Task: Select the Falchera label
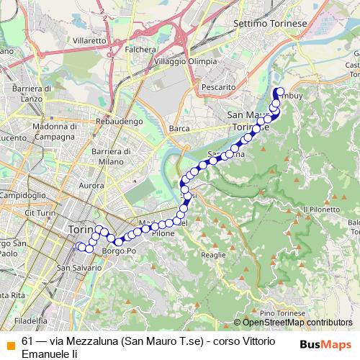[140, 49]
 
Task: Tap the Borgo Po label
[119, 251]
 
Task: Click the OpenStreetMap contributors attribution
[295, 323]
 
